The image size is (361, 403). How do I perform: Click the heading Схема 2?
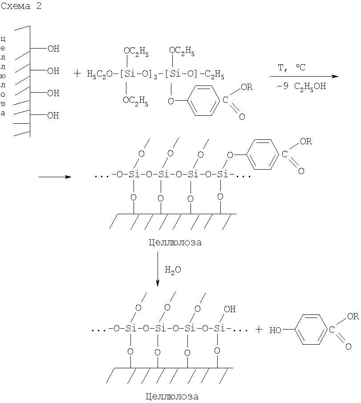pyautogui.click(x=21, y=6)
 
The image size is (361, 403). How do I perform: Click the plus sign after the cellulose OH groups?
pyautogui.click(x=77, y=74)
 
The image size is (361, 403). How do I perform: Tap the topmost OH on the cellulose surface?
pyautogui.click(x=53, y=49)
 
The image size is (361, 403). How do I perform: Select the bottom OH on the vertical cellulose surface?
pyautogui.click(x=53, y=115)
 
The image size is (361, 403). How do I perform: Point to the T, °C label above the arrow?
pyautogui.click(x=292, y=68)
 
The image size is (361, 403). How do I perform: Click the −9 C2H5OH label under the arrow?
pyautogui.click(x=302, y=86)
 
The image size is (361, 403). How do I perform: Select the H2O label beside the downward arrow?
pyautogui.click(x=173, y=269)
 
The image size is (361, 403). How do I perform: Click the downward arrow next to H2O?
pyautogui.click(x=158, y=269)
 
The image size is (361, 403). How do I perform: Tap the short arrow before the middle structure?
pyautogui.click(x=55, y=177)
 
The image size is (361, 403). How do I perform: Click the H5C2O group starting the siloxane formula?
pyautogui.click(x=99, y=74)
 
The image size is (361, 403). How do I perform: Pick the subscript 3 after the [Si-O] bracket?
pyautogui.click(x=155, y=77)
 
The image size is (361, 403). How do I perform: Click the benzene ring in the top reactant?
pyautogui.click(x=204, y=101)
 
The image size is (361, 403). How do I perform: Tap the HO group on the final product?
pyautogui.click(x=275, y=330)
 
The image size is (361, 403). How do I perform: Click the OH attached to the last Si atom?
pyautogui.click(x=230, y=309)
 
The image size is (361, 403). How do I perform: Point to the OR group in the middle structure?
pyautogui.click(x=306, y=141)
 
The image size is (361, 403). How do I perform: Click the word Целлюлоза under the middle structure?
pyautogui.click(x=175, y=242)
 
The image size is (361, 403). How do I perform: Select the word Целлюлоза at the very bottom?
pyautogui.click(x=172, y=396)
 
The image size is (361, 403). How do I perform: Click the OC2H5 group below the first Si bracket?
pyautogui.click(x=135, y=101)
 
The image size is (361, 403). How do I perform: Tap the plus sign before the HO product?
pyautogui.click(x=259, y=329)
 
